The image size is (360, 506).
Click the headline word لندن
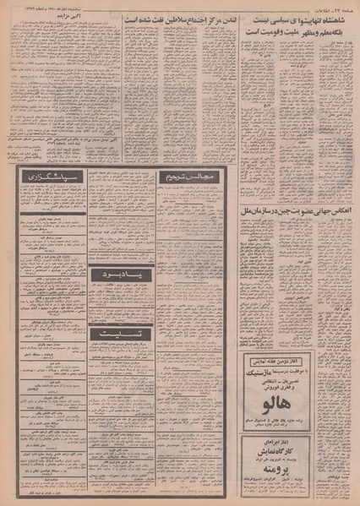220,18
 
